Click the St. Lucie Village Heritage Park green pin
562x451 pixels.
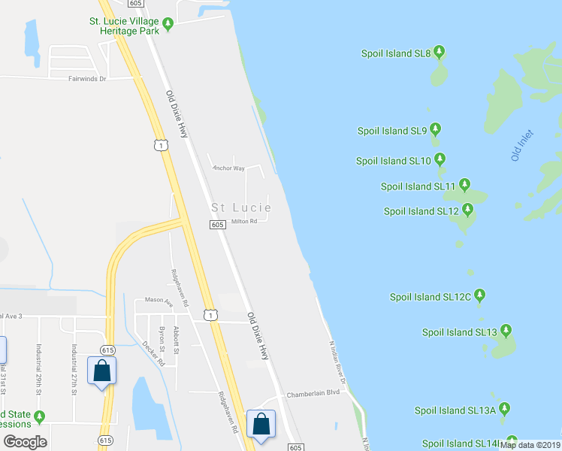[169, 25]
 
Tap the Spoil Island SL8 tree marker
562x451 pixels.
[440, 53]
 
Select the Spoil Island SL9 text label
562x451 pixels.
[392, 131]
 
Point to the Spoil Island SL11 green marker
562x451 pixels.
[465, 185]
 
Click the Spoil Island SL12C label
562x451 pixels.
[430, 297]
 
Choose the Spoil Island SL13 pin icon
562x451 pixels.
[506, 331]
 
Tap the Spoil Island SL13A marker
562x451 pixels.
[505, 409]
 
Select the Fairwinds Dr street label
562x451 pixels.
[88, 78]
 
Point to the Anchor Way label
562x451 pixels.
[228, 168]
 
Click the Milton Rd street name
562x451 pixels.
[244, 221]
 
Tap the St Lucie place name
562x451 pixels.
[240, 207]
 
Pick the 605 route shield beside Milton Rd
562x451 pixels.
[217, 225]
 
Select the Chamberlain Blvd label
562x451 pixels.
[313, 393]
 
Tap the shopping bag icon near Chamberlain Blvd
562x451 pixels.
[261, 423]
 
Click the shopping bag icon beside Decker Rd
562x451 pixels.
[101, 371]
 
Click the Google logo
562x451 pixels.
[25, 443]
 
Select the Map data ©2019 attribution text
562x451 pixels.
[530, 445]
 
